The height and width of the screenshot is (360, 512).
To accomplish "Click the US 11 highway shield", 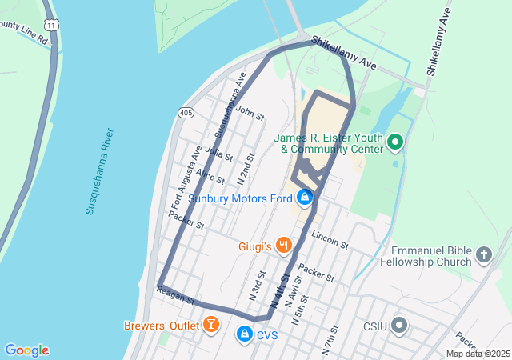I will tap(52, 26).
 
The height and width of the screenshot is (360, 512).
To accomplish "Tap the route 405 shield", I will tap(186, 113).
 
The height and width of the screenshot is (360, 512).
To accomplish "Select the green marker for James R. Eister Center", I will tap(394, 143).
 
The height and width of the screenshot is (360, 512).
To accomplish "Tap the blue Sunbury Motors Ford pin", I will tap(304, 197).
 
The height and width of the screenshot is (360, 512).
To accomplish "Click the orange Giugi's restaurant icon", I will tap(282, 245).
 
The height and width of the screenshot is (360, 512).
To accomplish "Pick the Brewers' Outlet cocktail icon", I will tap(210, 325).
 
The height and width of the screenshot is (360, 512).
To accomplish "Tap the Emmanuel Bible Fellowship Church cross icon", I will tap(483, 255).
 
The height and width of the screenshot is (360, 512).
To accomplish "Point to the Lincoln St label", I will tap(330, 240).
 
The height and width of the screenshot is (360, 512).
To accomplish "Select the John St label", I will tap(250, 113).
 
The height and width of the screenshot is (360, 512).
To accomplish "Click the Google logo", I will tap(26, 350).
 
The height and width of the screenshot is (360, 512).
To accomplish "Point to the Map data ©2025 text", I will tap(477, 354).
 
